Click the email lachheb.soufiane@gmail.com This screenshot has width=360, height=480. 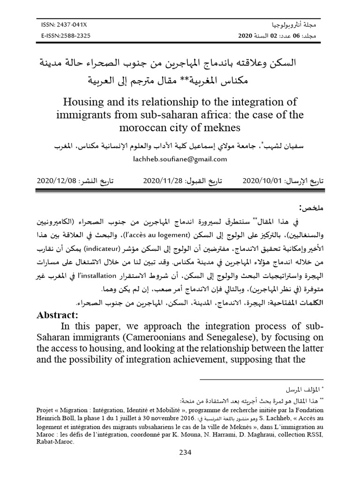point(180,159)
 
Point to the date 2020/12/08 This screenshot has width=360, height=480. point(57,180)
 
